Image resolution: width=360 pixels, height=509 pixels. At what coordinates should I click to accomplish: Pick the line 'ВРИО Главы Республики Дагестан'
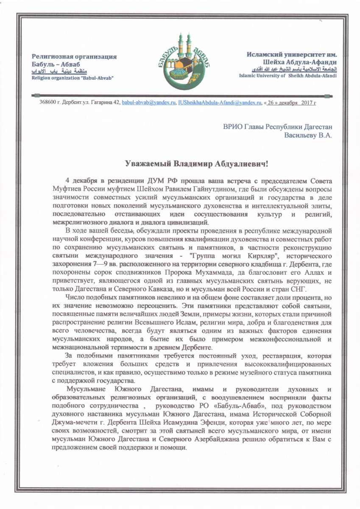click(278, 126)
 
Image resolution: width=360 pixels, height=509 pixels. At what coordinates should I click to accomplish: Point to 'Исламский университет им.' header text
click(292, 54)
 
